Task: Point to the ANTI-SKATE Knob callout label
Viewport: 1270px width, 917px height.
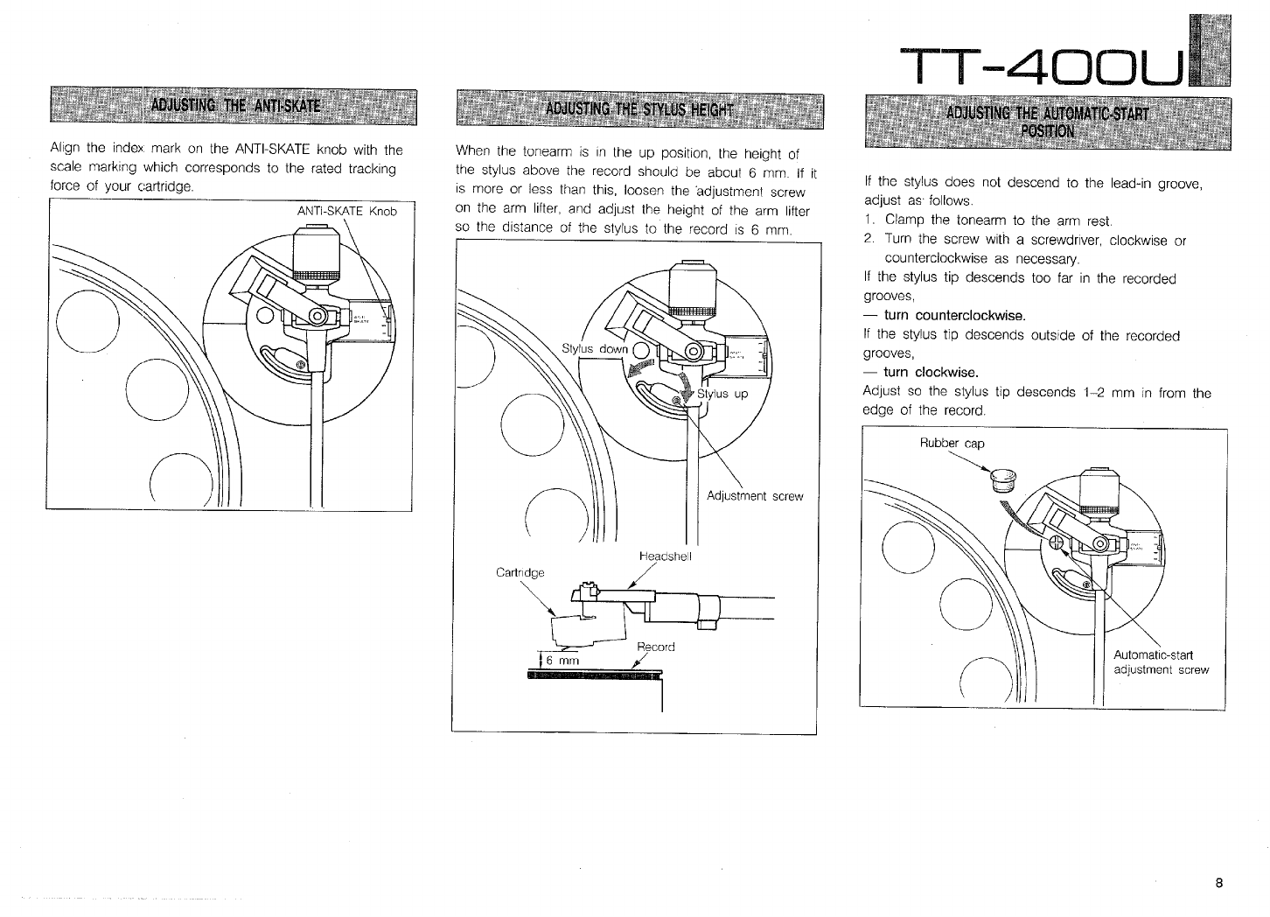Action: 347,212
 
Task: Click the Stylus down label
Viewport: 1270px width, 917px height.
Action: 594,350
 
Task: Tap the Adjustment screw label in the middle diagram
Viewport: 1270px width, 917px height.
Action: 754,496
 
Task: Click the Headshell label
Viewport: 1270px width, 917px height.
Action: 666,556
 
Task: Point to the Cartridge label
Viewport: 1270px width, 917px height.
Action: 520,572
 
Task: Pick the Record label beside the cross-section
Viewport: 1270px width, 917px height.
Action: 656,647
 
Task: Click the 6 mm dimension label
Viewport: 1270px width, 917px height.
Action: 563,661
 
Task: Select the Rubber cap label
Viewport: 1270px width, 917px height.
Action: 952,444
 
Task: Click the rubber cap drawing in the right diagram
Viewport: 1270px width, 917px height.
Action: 1003,479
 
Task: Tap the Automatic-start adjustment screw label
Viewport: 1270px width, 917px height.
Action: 1160,662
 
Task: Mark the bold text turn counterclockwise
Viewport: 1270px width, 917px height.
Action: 954,315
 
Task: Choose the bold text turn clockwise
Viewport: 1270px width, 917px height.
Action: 931,372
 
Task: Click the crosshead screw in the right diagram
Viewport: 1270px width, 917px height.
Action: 1056,543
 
